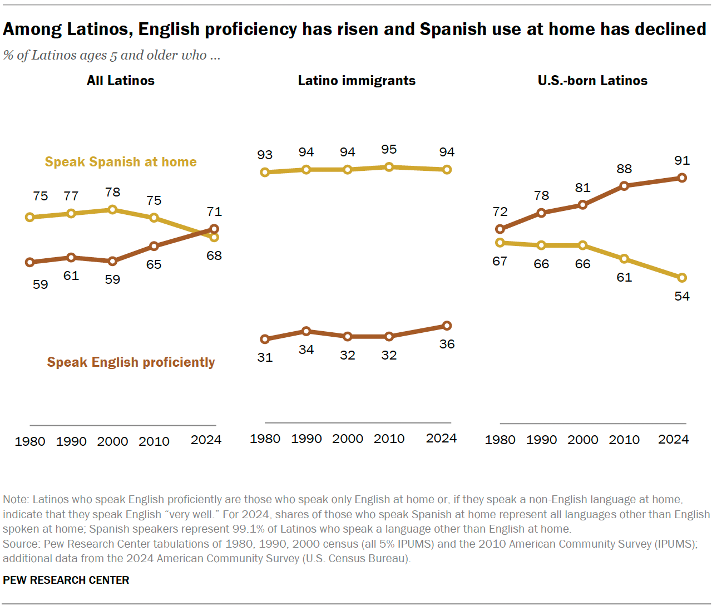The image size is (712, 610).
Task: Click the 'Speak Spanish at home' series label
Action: click(x=121, y=162)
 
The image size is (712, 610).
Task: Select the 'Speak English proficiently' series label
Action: click(x=131, y=362)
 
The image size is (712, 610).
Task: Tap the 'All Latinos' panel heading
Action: click(x=121, y=81)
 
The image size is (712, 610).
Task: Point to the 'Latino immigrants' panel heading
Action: click(x=357, y=81)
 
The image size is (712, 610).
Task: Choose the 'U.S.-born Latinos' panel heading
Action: click(x=592, y=81)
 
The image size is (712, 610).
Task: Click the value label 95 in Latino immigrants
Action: click(x=389, y=149)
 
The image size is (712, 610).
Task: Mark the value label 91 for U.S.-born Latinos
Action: click(x=682, y=160)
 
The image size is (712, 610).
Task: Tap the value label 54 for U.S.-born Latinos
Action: click(x=682, y=296)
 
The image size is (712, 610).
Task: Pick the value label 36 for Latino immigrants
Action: click(x=447, y=344)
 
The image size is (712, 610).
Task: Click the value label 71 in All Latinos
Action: click(x=214, y=211)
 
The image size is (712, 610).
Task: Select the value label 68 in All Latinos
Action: click(x=214, y=255)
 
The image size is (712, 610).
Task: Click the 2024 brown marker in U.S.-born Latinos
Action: click(x=683, y=178)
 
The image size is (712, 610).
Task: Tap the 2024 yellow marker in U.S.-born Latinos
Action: click(x=683, y=278)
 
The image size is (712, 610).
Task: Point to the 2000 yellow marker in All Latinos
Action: click(x=112, y=209)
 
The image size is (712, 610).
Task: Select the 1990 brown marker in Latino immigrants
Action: click(x=306, y=331)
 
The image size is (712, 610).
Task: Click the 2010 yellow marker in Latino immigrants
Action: click(x=389, y=167)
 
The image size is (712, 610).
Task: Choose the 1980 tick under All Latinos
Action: click(x=30, y=441)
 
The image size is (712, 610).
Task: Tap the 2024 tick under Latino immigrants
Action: click(x=441, y=439)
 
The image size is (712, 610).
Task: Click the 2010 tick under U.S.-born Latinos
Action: click(x=624, y=440)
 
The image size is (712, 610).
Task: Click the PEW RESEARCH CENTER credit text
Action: click(x=66, y=580)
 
